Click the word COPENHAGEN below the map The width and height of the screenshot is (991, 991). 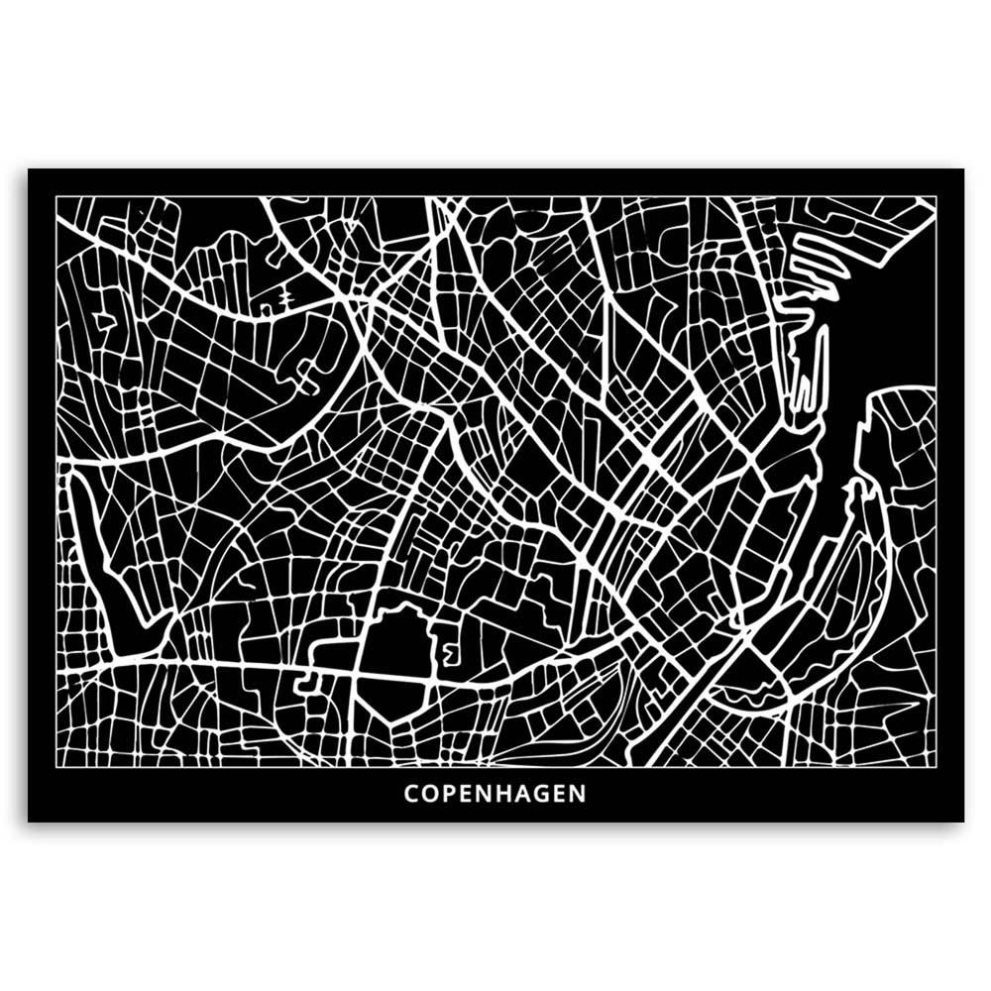(x=495, y=794)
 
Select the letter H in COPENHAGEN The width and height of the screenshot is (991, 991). (x=503, y=794)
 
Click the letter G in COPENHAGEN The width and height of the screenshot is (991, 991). (x=541, y=794)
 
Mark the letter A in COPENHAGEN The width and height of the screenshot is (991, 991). (x=523, y=794)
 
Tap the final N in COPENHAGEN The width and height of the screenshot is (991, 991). (x=578, y=794)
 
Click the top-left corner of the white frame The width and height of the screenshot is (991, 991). (x=56, y=196)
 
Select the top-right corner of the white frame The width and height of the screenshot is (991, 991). (x=936, y=196)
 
